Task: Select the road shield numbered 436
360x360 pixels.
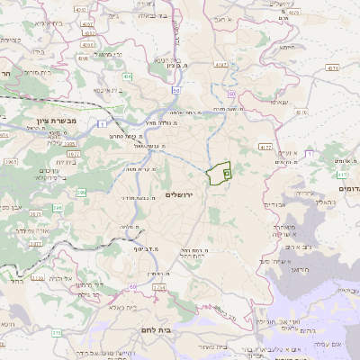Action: click(x=128, y=77)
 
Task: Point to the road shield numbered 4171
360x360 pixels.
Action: click(x=334, y=67)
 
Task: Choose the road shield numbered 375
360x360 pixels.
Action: click(x=57, y=333)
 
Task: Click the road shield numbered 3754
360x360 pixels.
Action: click(x=159, y=287)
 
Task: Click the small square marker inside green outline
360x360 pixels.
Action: click(x=227, y=170)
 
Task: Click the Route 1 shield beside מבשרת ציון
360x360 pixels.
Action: click(x=102, y=122)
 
